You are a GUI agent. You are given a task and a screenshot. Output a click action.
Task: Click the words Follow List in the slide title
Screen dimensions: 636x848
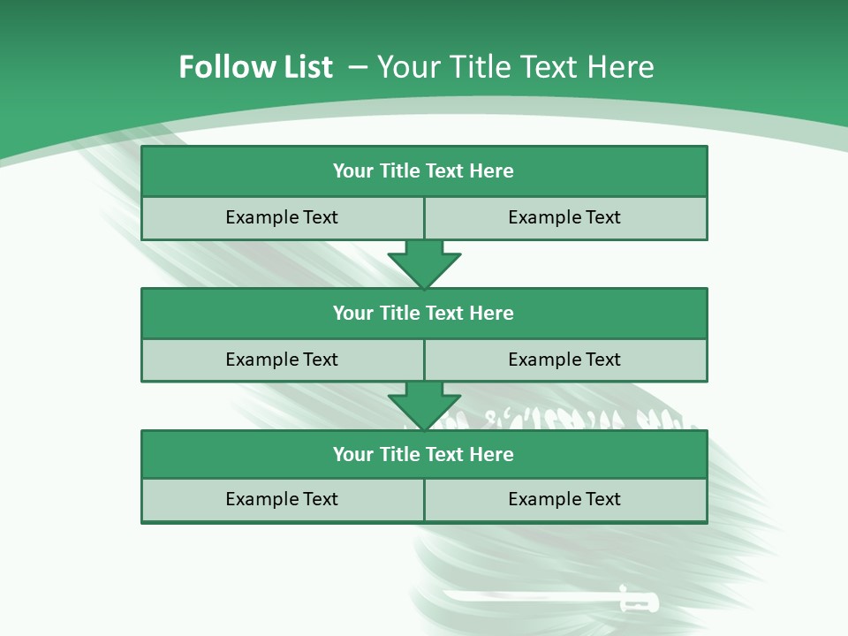click(255, 67)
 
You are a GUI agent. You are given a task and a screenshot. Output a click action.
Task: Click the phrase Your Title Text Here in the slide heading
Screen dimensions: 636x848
click(515, 67)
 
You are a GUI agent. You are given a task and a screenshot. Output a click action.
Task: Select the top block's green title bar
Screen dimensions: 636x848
click(424, 171)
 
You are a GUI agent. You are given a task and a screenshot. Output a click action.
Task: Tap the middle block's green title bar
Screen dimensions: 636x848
click(424, 313)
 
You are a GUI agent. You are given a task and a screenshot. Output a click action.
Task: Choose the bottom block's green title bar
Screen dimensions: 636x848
click(424, 454)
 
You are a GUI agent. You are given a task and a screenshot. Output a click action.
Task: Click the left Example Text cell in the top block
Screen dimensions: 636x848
click(282, 217)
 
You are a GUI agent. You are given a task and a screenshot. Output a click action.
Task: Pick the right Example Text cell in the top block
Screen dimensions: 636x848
click(564, 217)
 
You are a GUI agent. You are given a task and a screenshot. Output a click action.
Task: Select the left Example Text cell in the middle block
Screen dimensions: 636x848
click(282, 360)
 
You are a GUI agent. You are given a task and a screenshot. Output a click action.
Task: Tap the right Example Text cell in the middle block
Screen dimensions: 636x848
click(564, 360)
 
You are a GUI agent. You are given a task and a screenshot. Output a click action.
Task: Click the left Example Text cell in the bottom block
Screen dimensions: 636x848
click(282, 499)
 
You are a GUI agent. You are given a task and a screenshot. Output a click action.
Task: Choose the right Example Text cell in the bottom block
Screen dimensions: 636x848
click(564, 499)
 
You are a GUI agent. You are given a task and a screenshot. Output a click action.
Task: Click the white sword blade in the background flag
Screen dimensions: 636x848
click(530, 597)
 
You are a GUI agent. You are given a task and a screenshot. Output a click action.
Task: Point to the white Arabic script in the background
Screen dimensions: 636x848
click(565, 419)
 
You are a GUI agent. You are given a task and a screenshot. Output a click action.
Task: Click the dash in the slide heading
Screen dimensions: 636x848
click(358, 67)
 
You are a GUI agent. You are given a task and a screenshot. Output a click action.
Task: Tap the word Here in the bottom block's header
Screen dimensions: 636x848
click(491, 454)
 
